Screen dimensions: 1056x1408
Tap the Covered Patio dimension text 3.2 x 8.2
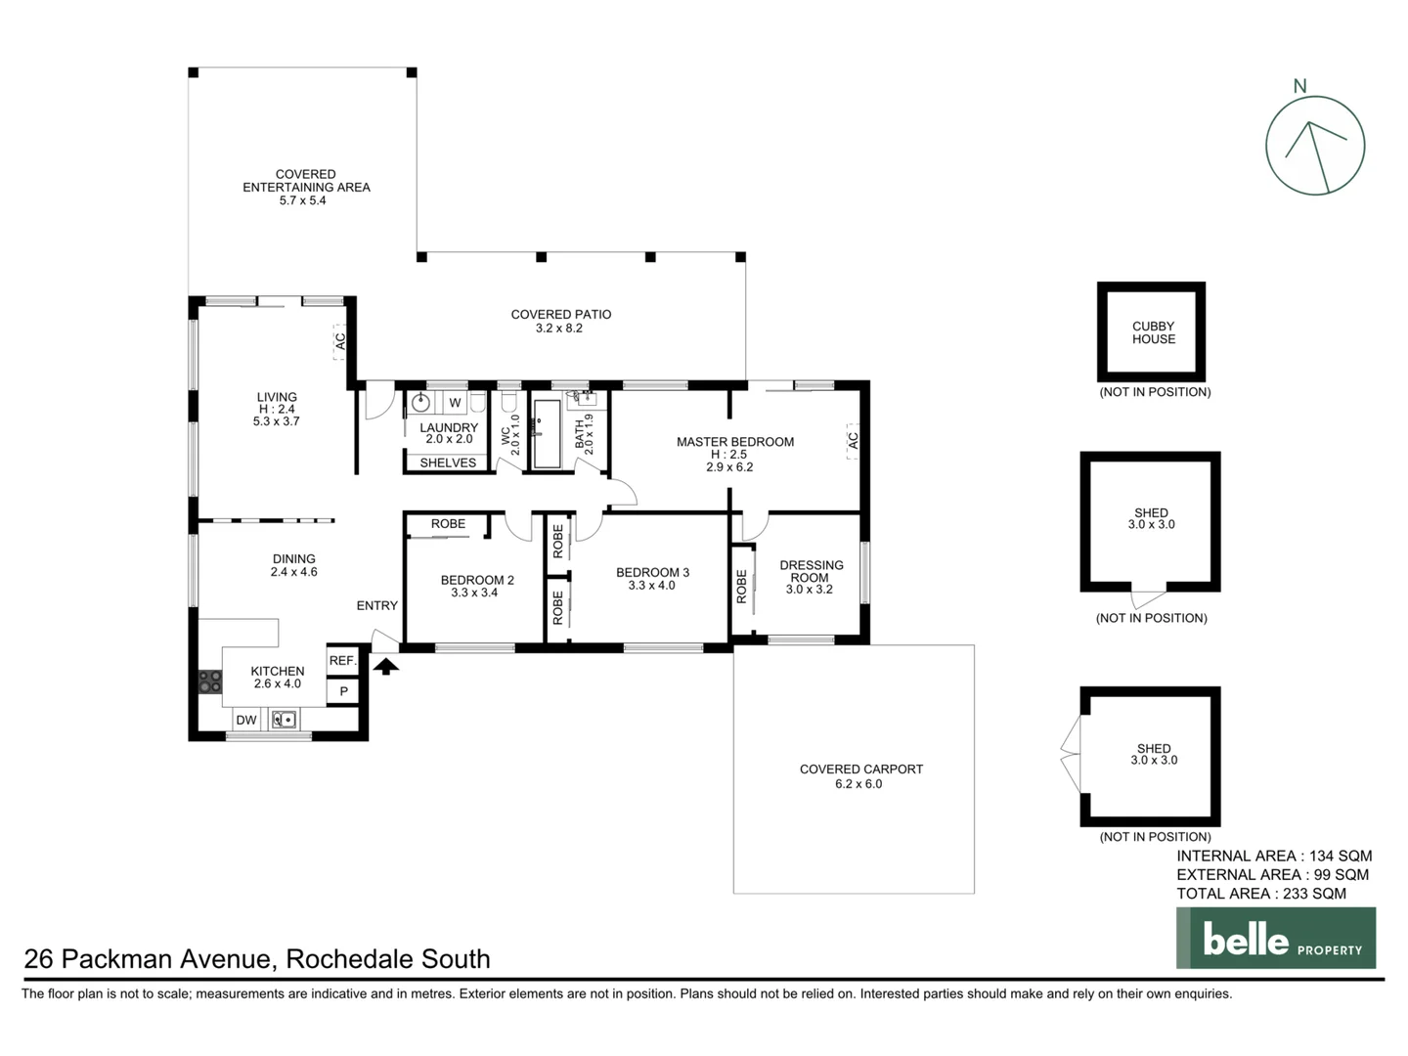tap(559, 329)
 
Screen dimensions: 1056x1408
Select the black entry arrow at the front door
tap(386, 666)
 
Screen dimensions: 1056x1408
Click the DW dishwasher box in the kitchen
tap(246, 720)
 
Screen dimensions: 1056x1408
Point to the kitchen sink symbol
tap(285, 720)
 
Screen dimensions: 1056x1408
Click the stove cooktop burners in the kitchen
tap(210, 681)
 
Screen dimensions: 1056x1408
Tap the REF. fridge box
tap(342, 661)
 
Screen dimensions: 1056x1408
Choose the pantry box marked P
tap(343, 691)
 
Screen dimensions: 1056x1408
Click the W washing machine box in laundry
tap(455, 403)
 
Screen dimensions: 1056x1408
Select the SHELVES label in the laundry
tap(448, 462)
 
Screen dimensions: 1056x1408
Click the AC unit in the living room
tap(339, 342)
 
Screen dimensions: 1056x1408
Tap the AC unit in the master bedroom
tap(852, 441)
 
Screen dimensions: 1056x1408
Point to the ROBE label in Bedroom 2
tap(448, 524)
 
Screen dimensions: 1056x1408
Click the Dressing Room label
tap(811, 571)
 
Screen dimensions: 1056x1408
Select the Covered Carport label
tap(860, 770)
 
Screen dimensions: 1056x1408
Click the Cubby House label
tap(1153, 332)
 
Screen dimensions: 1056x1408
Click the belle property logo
tap(1275, 939)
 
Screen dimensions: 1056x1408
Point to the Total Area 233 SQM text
tap(1260, 894)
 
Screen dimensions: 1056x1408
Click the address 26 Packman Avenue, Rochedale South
tap(257, 959)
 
